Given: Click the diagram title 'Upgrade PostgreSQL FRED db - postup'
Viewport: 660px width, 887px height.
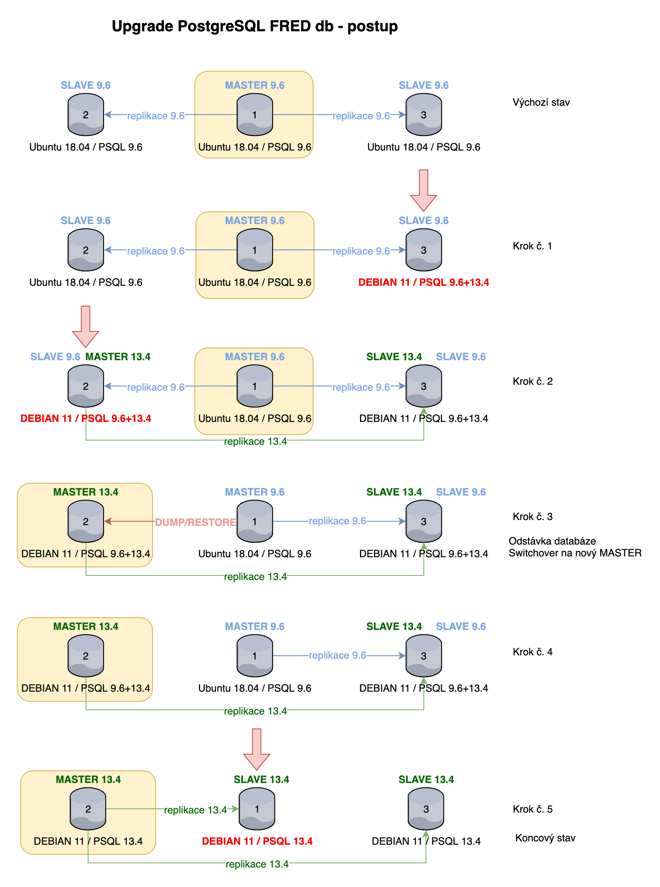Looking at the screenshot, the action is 254,26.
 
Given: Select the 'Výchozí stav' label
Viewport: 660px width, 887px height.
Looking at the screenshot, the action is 541,102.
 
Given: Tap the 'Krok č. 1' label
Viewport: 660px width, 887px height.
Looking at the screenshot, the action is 532,246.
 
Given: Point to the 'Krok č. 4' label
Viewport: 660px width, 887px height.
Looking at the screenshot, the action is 532,652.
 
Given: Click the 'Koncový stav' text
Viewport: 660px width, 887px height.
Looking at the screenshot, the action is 545,838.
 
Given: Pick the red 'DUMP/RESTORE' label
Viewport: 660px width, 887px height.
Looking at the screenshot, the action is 195,522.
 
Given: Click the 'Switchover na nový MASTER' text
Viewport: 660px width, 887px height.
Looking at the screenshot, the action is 575,553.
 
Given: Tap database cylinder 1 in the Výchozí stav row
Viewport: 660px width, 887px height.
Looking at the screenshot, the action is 255,115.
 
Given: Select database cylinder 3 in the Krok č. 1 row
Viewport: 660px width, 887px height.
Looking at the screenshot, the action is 424,250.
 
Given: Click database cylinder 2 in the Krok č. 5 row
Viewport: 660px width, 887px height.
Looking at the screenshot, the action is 88,809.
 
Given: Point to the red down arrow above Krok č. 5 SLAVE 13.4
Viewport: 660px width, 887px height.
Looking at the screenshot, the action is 256,749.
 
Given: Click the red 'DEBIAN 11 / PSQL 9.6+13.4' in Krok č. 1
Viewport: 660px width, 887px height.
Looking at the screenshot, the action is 424,282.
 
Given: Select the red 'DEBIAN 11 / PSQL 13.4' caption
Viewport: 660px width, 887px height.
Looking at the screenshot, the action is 257,841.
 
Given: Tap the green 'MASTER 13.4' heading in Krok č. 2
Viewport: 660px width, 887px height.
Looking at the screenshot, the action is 118,357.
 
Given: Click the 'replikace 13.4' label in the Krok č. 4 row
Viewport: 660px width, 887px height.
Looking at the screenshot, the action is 255,711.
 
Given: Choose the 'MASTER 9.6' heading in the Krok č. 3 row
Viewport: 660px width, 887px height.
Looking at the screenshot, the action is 255,492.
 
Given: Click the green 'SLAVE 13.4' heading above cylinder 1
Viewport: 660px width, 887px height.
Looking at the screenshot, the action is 262,780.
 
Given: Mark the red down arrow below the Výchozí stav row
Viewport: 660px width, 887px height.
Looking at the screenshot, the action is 423,190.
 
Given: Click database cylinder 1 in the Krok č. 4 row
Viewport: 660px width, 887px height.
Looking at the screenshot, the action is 255,656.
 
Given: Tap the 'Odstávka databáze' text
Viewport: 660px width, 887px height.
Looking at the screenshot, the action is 552,541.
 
